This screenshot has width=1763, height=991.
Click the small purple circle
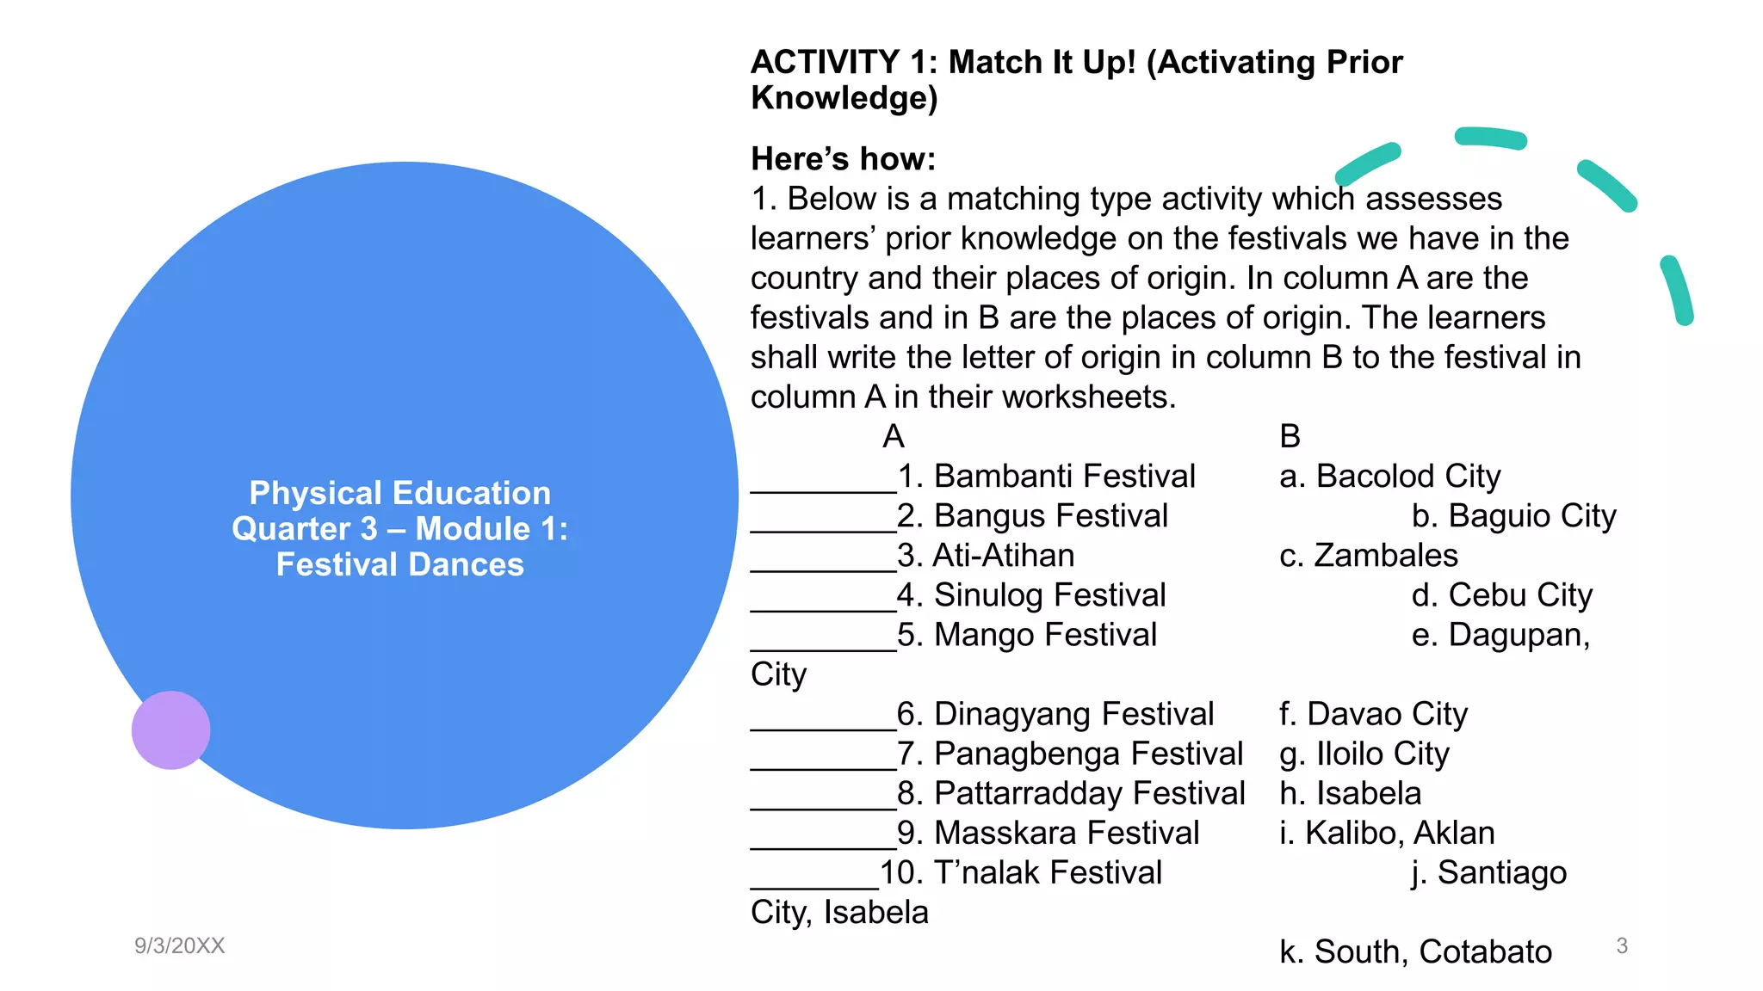[x=170, y=729]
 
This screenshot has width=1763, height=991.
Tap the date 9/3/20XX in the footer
[x=179, y=945]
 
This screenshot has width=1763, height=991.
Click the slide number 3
[x=1622, y=945]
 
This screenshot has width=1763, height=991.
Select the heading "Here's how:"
[x=843, y=159]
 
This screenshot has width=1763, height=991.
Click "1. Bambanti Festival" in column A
[x=1046, y=476]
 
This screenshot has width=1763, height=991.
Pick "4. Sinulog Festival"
[x=1031, y=594]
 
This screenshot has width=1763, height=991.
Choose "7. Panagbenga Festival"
[x=1070, y=754]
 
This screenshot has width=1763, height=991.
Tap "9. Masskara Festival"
[x=1048, y=833]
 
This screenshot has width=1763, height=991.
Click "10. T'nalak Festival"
[x=1021, y=872]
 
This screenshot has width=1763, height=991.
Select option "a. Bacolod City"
[x=1389, y=476]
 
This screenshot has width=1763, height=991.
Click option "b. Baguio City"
[x=1513, y=515]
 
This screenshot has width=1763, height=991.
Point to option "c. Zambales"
[x=1369, y=555]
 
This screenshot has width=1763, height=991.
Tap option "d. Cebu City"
[x=1501, y=594]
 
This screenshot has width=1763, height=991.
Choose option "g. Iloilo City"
[x=1364, y=754]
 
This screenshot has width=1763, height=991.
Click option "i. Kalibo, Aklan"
[x=1387, y=833]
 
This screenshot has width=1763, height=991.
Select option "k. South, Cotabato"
[x=1415, y=951]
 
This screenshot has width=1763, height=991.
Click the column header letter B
[x=1290, y=436]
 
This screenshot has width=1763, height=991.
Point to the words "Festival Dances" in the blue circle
[x=399, y=564]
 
